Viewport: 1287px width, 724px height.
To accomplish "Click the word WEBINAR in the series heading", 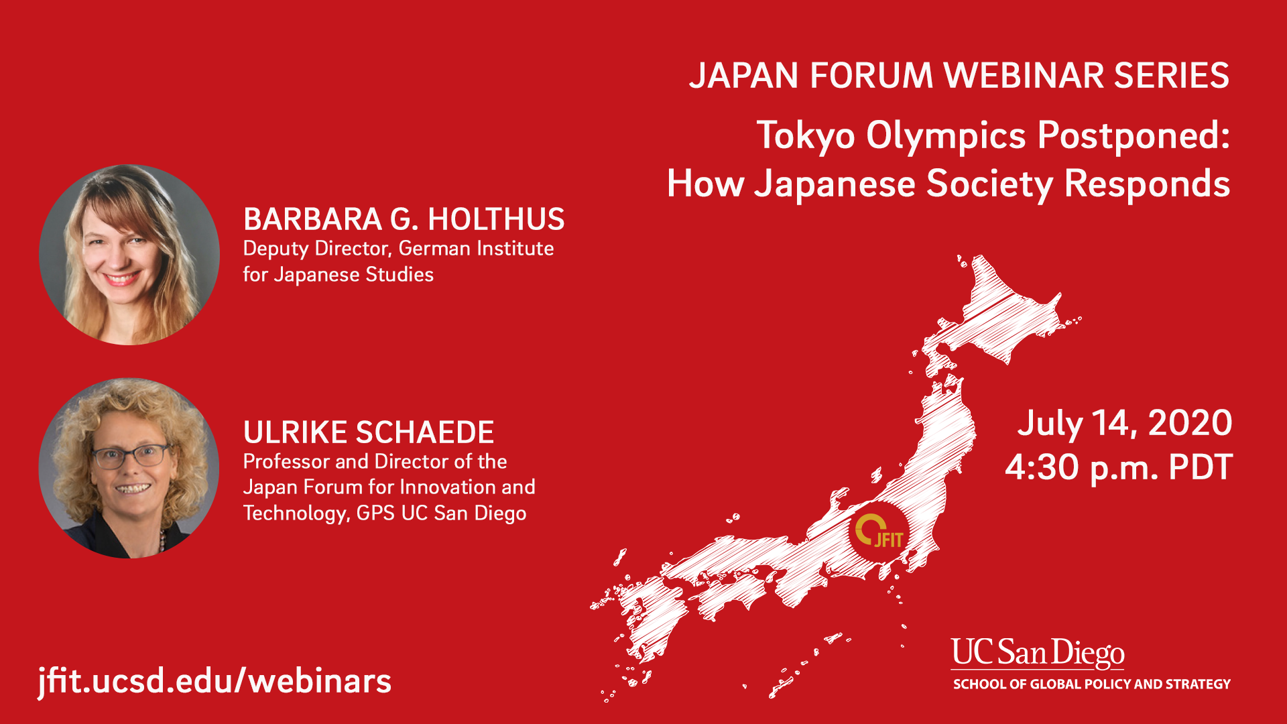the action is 1024,75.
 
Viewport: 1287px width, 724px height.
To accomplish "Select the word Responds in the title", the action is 1147,184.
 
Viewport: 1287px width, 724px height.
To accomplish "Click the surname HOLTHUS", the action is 496,219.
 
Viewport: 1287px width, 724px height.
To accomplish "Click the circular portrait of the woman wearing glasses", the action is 129,468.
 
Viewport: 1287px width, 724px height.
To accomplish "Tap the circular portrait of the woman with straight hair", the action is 129,255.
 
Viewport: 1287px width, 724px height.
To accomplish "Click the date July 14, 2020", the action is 1124,424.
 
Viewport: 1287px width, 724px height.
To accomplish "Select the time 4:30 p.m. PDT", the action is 1118,467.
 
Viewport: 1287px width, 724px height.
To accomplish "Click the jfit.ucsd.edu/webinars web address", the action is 214,681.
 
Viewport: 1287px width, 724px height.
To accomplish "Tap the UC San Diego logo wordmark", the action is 1038,654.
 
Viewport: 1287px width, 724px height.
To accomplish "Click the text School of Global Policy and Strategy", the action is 1092,684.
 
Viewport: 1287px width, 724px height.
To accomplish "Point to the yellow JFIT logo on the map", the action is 879,531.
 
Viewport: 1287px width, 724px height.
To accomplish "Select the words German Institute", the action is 476,249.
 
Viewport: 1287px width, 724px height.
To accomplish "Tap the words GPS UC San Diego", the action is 441,514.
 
